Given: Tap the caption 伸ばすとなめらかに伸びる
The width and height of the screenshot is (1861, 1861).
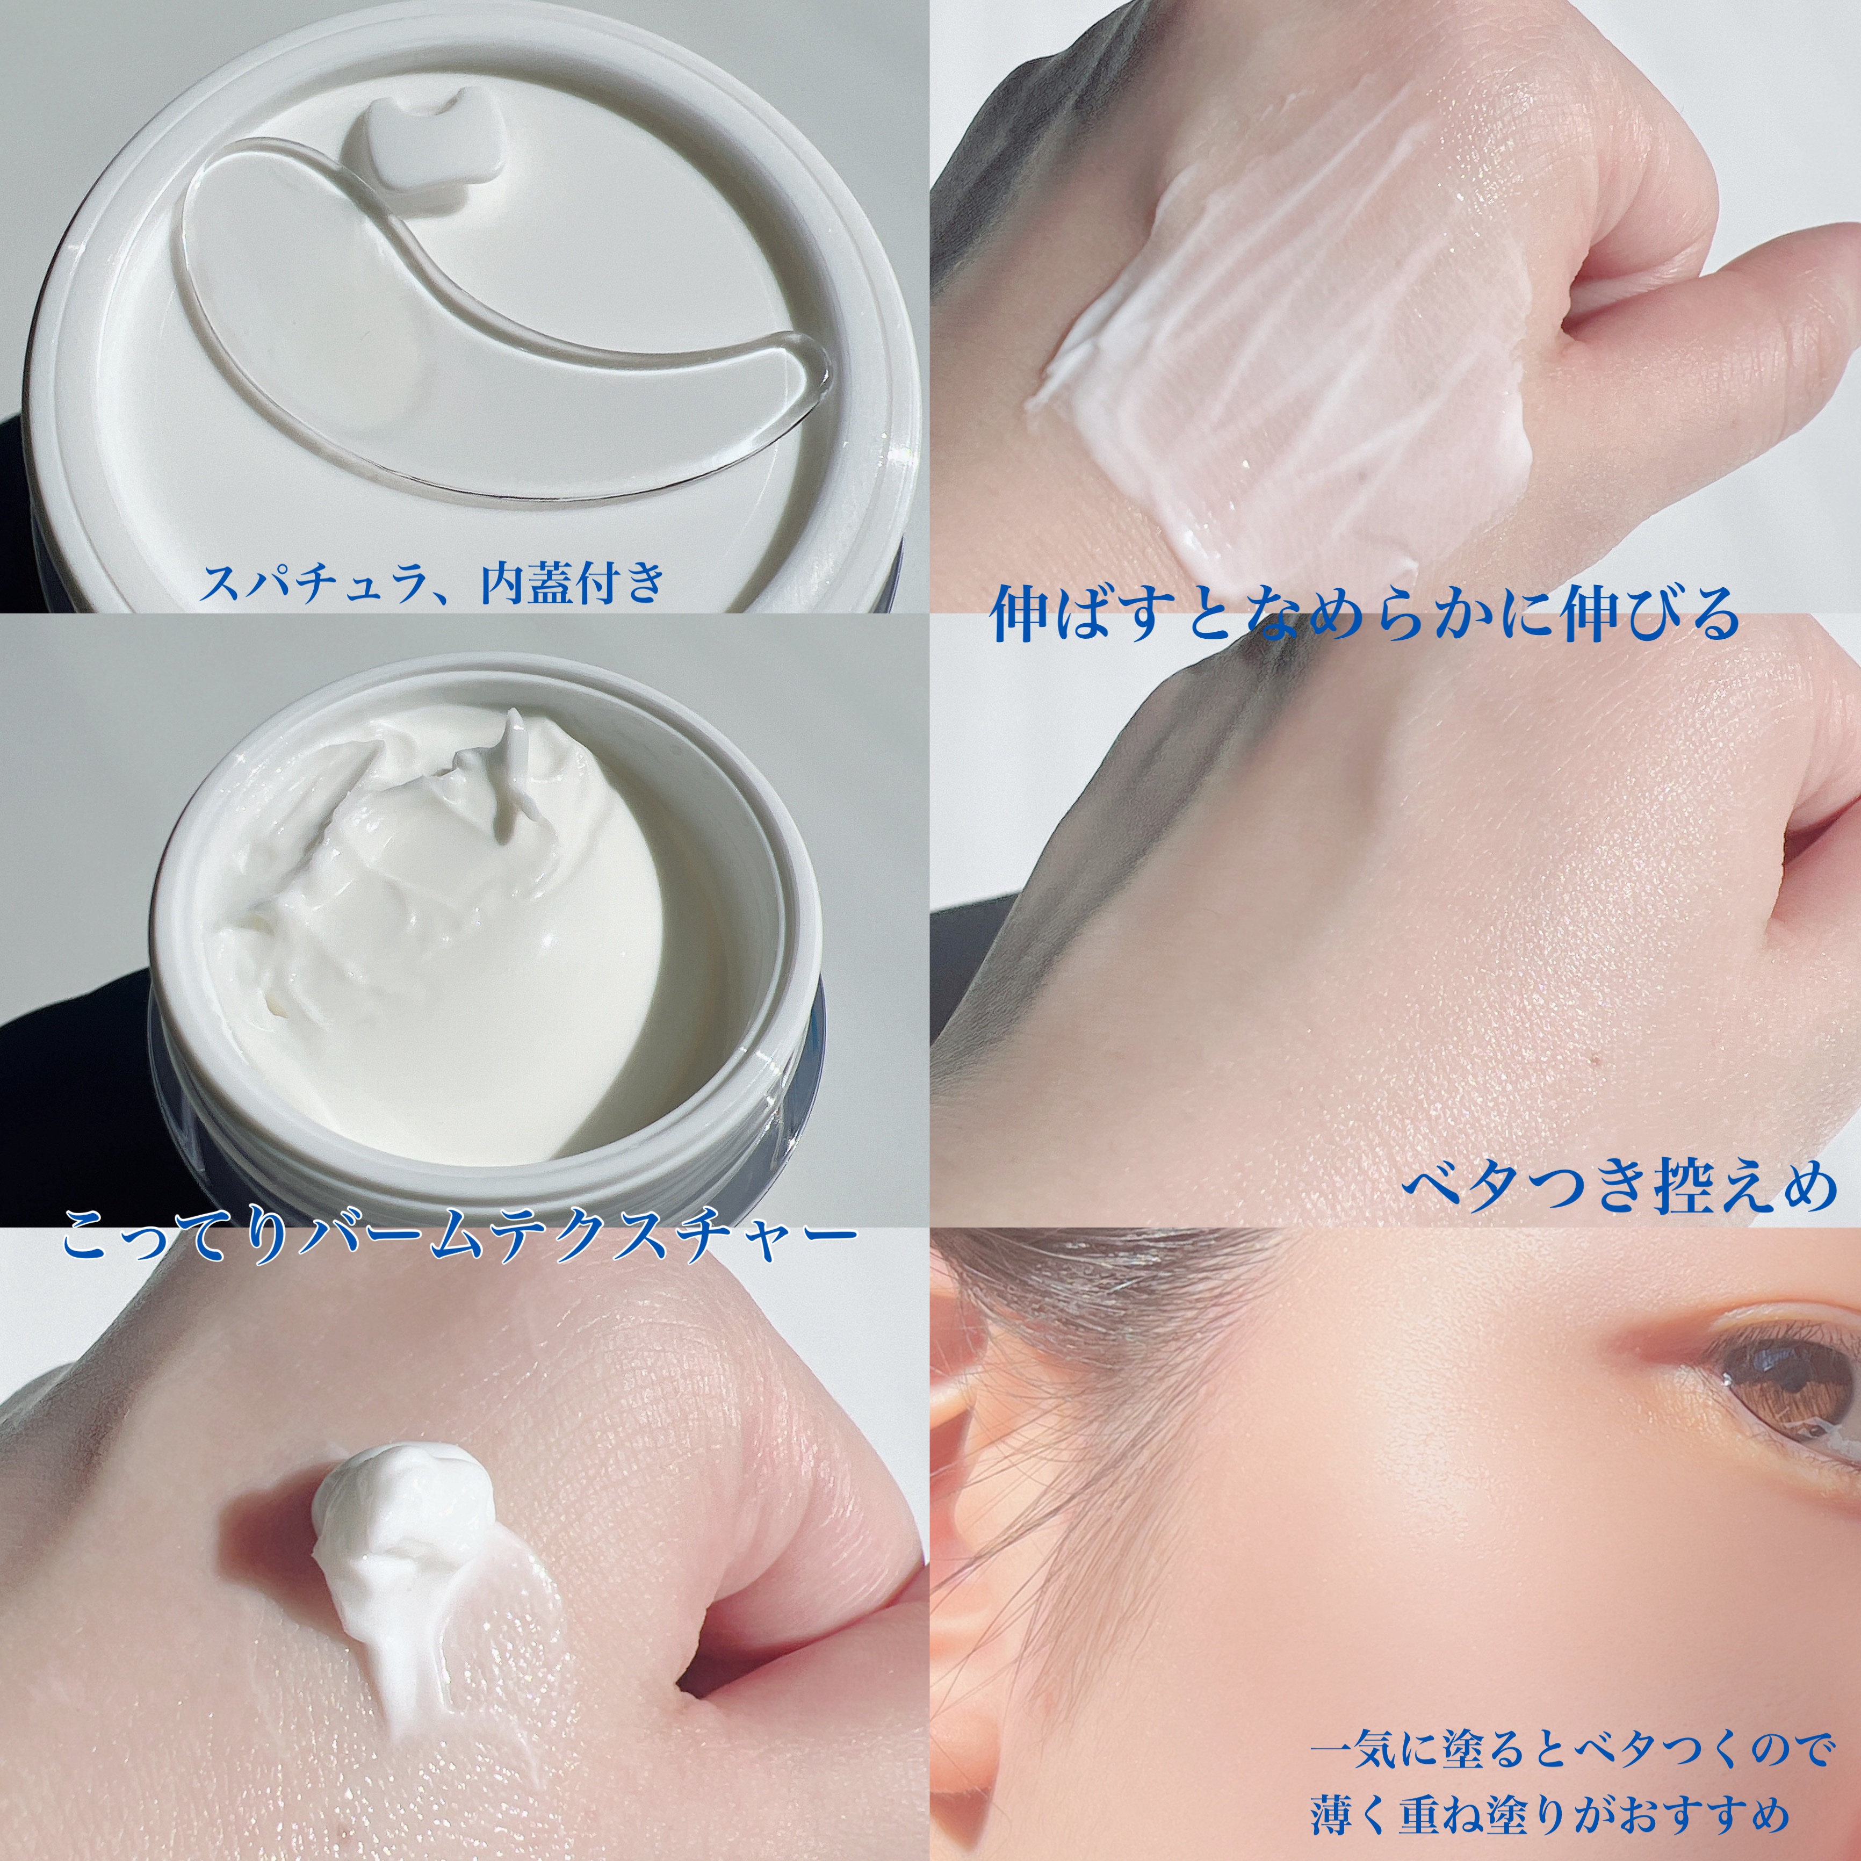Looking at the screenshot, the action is point(1366,616).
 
